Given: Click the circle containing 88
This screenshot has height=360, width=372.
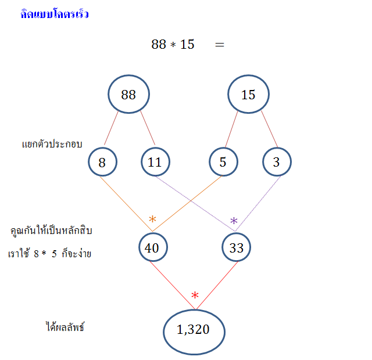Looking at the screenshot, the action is point(128,95).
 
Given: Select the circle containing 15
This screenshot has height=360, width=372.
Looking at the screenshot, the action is point(248,95).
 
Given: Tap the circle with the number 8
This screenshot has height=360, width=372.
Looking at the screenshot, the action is point(102,162).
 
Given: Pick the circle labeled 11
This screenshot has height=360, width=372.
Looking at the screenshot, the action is point(155,162).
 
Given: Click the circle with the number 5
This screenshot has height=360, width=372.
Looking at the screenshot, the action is point(223,162).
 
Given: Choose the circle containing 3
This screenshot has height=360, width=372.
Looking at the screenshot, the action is point(276,162).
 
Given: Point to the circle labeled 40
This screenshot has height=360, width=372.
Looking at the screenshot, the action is point(152,248).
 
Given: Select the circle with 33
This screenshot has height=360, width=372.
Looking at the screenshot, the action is point(236,248).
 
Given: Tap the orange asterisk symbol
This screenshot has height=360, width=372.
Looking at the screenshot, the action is point(152,219).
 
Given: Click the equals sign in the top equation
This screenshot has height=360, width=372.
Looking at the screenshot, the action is point(219,45).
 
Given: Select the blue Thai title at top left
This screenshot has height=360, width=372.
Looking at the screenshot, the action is point(54,15).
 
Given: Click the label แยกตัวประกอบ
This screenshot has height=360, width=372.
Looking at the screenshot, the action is point(52,143).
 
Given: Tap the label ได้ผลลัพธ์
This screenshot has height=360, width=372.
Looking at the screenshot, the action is point(65,327).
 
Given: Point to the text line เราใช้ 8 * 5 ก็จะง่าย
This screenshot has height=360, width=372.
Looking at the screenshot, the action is point(49,254).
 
